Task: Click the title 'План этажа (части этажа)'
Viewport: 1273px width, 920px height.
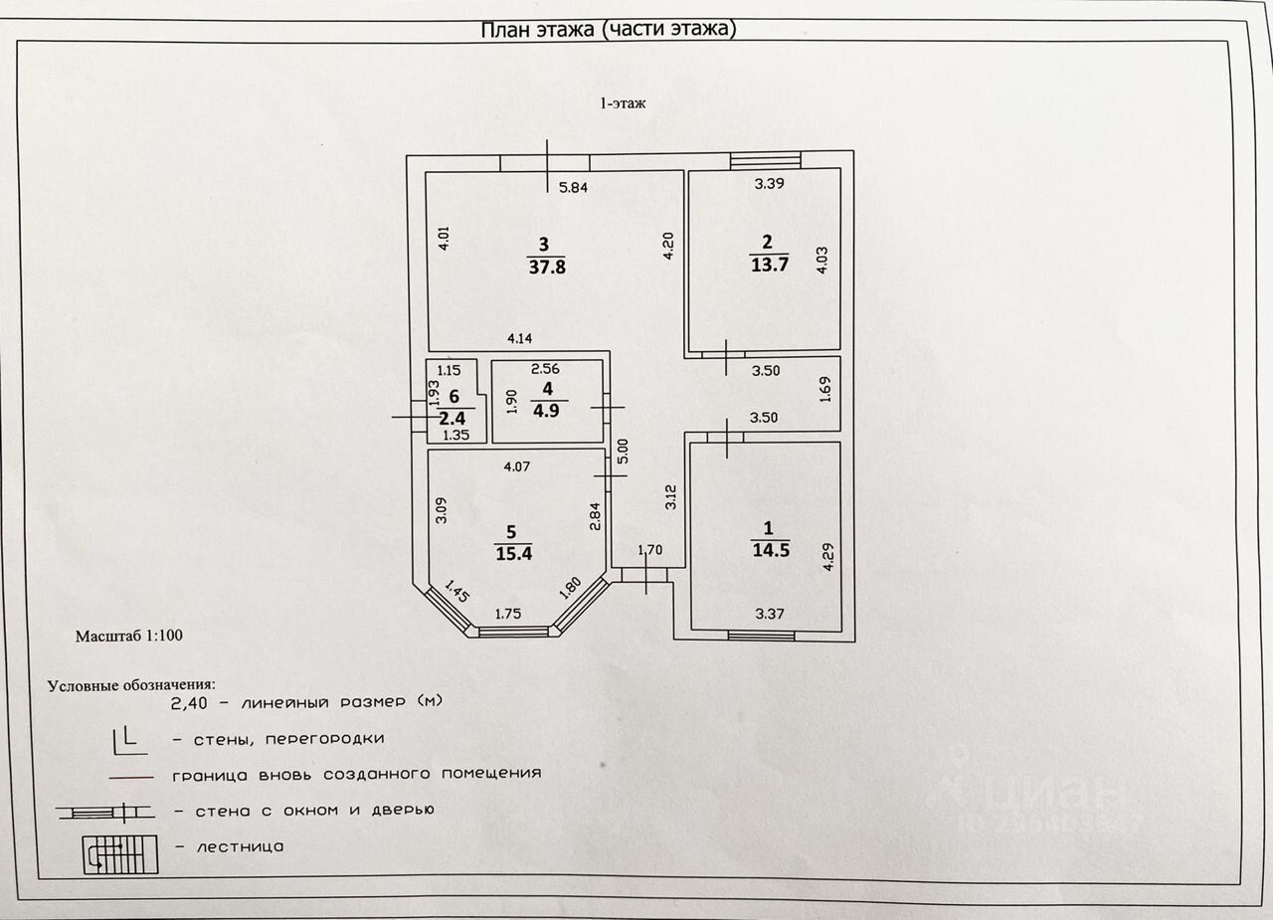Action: pyautogui.click(x=609, y=30)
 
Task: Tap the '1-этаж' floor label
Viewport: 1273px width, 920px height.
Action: pyautogui.click(x=622, y=102)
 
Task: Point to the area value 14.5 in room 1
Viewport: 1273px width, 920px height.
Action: pyautogui.click(x=770, y=550)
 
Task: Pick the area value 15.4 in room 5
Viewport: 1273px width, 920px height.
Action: pyautogui.click(x=513, y=553)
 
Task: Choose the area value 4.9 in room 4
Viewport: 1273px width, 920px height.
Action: pyautogui.click(x=546, y=409)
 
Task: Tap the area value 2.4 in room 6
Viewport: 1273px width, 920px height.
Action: pyautogui.click(x=454, y=419)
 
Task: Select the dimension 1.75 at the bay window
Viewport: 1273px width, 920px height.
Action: pyautogui.click(x=509, y=614)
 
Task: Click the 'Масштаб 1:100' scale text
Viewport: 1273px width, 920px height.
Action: pyautogui.click(x=129, y=635)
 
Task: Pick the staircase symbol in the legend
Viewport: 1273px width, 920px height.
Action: pyautogui.click(x=120, y=853)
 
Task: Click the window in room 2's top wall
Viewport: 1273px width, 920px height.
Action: pyautogui.click(x=765, y=159)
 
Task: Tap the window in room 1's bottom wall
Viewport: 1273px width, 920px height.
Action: pyautogui.click(x=761, y=635)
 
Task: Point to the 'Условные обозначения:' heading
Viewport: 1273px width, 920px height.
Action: pyautogui.click(x=131, y=685)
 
